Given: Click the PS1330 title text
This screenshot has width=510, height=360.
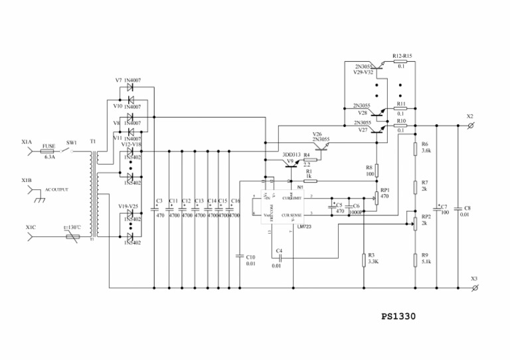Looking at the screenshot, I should click(398, 317).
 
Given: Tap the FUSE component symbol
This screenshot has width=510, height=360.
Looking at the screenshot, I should click(48, 151).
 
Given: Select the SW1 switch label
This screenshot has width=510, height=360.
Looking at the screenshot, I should click(71, 143).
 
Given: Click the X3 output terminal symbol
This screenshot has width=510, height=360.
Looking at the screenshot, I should click(472, 288).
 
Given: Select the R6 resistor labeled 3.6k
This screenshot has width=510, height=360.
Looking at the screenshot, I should click(416, 147).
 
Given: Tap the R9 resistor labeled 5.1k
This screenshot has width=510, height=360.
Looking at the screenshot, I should click(416, 258).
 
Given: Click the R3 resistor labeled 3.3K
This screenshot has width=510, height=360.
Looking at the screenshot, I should click(364, 259).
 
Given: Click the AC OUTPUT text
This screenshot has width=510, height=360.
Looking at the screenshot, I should click(56, 189).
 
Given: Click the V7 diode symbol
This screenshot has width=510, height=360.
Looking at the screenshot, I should click(131, 87).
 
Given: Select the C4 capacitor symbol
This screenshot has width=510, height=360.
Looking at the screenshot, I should click(280, 259).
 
